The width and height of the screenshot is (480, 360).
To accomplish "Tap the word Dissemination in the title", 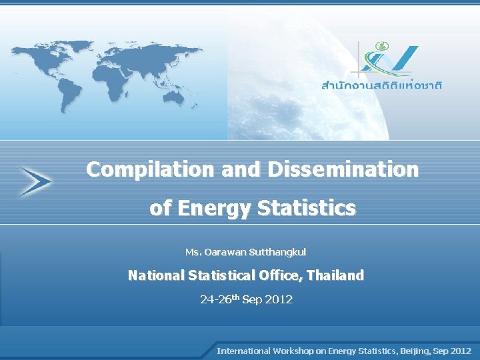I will pyautogui.click(x=343, y=170).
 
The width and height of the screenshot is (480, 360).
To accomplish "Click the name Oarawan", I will pyautogui.click(x=225, y=252).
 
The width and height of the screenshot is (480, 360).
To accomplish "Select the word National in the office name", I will pyautogui.click(x=157, y=275).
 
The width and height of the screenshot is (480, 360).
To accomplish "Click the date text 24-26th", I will pyautogui.click(x=219, y=299).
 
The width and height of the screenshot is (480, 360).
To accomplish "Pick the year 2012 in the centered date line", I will pyautogui.click(x=279, y=299).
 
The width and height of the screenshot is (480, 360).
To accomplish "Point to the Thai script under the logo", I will pyautogui.click(x=382, y=85).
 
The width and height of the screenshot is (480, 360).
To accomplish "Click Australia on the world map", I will pyautogui.click(x=175, y=98).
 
